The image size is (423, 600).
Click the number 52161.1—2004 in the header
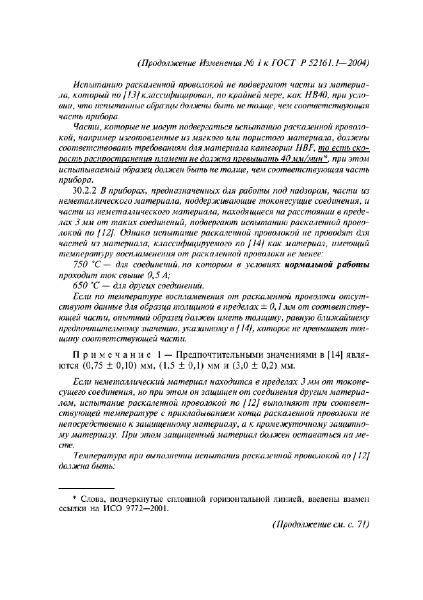point(336,63)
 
